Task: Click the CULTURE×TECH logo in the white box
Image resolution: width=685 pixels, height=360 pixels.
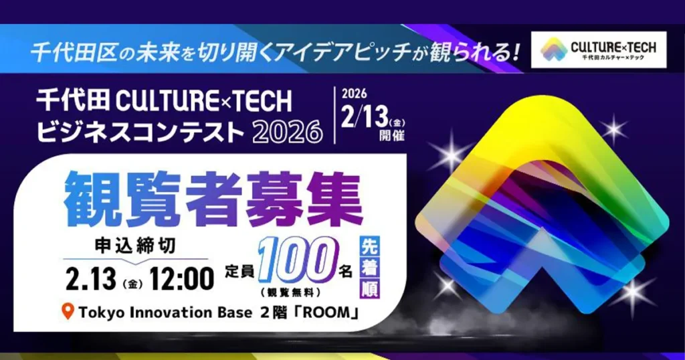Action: [x=599, y=49]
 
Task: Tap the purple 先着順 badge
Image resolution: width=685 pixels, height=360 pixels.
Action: [x=369, y=266]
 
